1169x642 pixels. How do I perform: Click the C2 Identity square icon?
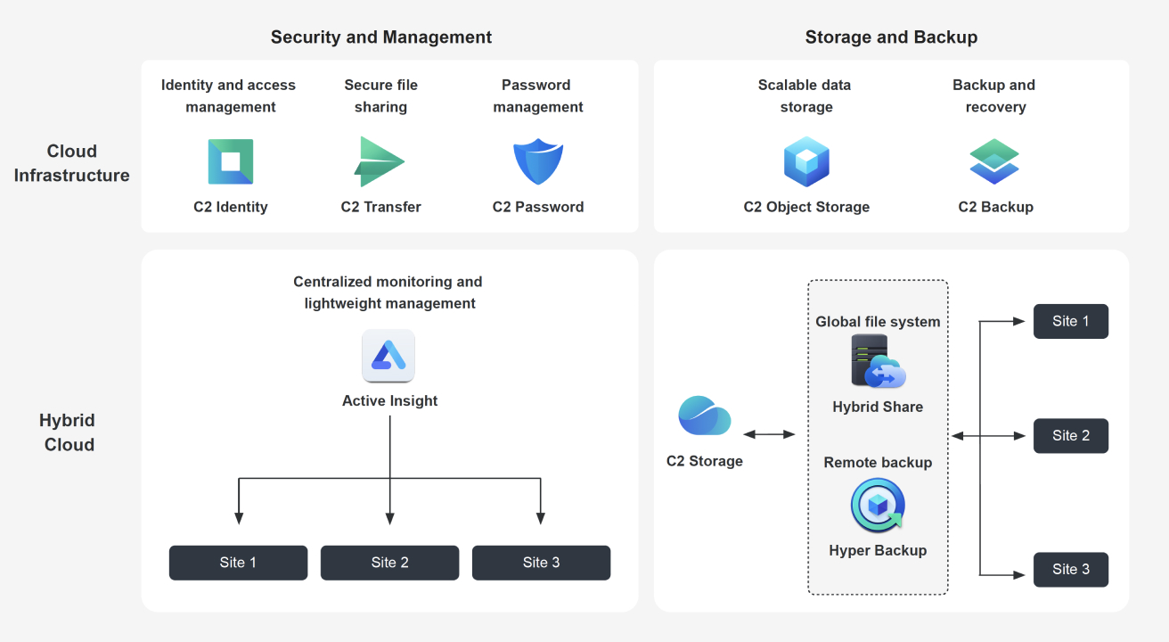(230, 161)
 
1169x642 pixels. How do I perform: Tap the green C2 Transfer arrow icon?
(380, 161)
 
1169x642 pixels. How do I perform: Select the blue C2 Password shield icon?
(538, 161)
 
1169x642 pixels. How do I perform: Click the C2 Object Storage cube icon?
(806, 161)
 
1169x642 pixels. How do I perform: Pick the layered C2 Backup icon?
(994, 161)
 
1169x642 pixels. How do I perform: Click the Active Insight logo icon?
(388, 356)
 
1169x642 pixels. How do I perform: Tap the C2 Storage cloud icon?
(704, 416)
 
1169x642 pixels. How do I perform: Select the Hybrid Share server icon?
(878, 361)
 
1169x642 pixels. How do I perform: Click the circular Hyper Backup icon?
(878, 506)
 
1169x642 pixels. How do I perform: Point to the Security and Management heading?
(381, 37)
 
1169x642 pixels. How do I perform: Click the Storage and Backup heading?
(891, 37)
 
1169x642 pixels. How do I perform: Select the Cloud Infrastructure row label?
(72, 163)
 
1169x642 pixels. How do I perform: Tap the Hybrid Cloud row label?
(69, 432)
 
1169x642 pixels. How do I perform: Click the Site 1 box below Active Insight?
(238, 563)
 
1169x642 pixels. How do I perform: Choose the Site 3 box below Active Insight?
(541, 563)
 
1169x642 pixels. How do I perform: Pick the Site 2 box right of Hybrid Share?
(1070, 436)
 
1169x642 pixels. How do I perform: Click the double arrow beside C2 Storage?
(769, 434)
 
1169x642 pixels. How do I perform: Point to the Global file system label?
(878, 322)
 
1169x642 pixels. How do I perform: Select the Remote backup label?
(878, 463)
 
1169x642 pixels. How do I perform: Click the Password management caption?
(537, 96)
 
